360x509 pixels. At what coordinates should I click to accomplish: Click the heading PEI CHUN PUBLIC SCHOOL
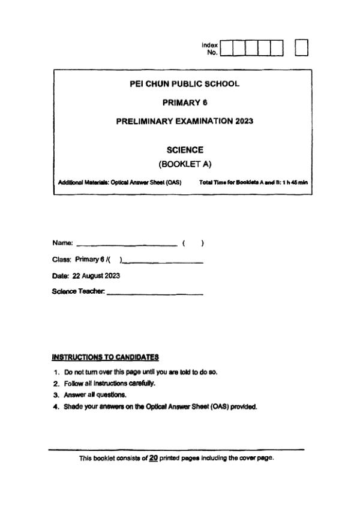coord(184,84)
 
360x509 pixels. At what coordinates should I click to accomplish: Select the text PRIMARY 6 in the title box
coord(184,103)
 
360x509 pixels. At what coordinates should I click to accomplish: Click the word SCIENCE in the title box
coord(184,150)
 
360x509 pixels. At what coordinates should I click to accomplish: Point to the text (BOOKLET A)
coord(184,163)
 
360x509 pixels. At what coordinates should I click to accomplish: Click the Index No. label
coord(210,49)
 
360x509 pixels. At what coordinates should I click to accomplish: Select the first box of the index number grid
coord(227,48)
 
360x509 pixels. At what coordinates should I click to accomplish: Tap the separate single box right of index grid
coord(302,48)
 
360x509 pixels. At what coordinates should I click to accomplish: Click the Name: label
coord(62,243)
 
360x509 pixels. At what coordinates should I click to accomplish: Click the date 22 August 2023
coord(97,276)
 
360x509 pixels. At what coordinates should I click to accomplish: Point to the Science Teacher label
coord(79,292)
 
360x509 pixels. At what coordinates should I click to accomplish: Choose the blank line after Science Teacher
coord(155,294)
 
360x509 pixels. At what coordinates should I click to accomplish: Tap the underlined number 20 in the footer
coord(154,458)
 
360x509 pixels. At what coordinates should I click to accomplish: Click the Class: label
coord(61,260)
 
